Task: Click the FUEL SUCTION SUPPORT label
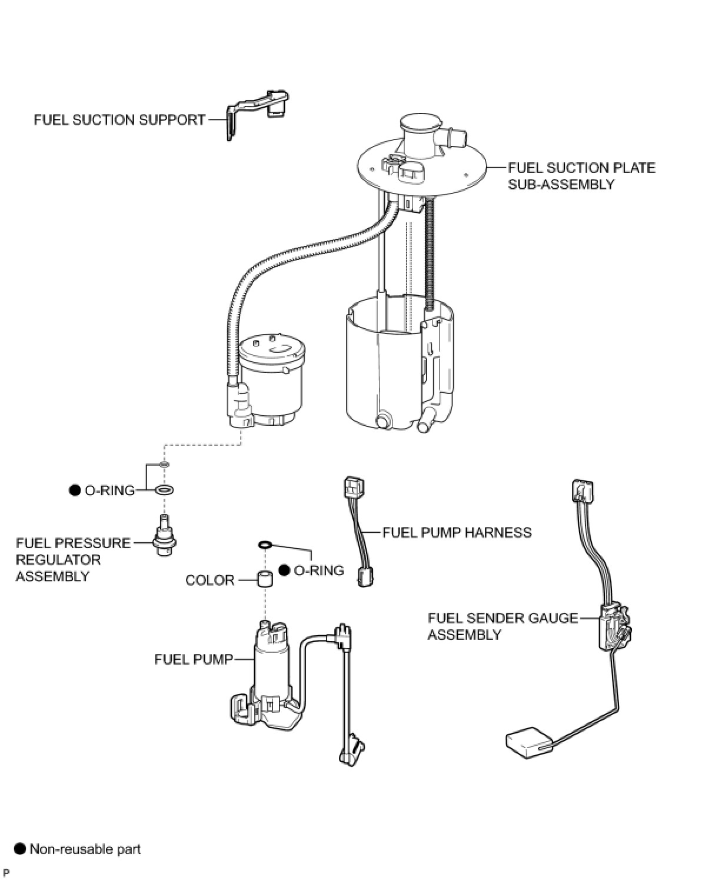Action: pos(119,120)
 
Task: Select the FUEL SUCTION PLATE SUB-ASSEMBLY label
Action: pos(581,176)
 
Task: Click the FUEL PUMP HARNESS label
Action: pos(457,533)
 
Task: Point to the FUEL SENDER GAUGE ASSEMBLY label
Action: pos(503,626)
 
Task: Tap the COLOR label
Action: pos(209,580)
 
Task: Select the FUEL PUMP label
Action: pos(194,659)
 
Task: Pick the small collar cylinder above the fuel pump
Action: pos(265,578)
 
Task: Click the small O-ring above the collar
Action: pos(265,545)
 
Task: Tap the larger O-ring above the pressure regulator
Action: pos(164,490)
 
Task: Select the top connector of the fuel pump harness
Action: pos(353,486)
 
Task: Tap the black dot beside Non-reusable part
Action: pos(20,849)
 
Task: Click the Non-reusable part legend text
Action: pos(85,849)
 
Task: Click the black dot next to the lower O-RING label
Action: pos(284,570)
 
